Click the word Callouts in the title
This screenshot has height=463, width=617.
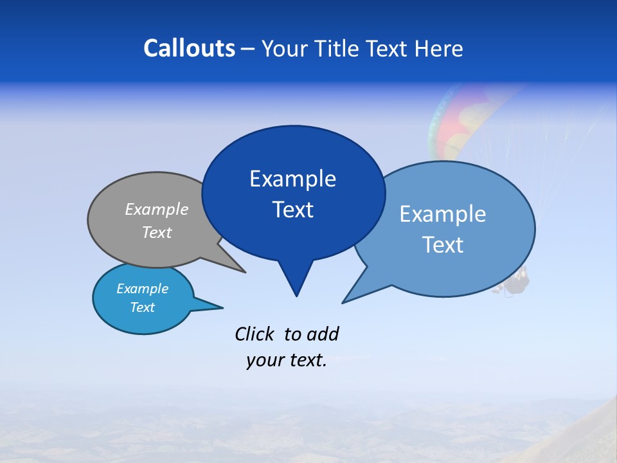pos(189,48)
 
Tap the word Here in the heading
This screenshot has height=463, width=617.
pos(439,49)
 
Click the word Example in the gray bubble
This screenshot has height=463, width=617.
pos(157,210)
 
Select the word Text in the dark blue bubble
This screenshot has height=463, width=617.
pos(293,210)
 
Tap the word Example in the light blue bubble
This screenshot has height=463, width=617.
pos(443,214)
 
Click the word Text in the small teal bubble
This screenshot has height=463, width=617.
pos(143,307)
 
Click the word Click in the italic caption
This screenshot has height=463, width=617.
pos(254,334)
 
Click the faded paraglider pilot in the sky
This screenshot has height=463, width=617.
pos(517,282)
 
